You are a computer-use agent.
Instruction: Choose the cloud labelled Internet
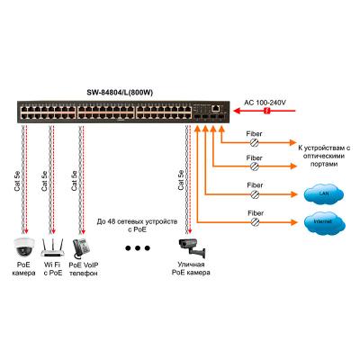click(x=322, y=220)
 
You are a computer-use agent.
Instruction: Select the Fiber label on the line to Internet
click(x=256, y=211)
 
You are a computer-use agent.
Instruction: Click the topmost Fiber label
click(x=256, y=134)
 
